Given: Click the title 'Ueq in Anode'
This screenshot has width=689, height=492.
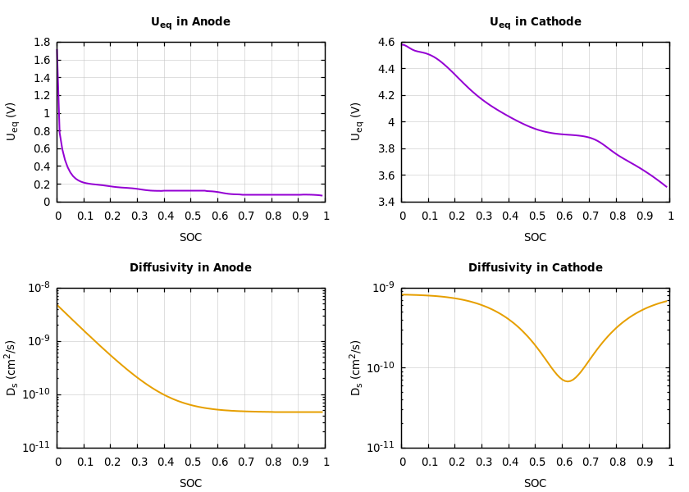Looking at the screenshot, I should (x=190, y=22).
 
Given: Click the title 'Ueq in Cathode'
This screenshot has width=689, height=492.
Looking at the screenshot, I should (x=535, y=22).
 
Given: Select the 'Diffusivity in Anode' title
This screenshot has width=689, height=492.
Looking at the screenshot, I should (x=190, y=268).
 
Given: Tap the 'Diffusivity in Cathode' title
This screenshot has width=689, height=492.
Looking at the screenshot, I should (x=535, y=268).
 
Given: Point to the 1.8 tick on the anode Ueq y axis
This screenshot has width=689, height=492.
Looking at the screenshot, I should (x=41, y=43).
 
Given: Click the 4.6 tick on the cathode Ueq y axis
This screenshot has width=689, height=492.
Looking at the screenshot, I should (x=386, y=43).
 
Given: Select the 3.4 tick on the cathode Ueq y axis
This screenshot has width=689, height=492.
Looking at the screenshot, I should (x=386, y=202).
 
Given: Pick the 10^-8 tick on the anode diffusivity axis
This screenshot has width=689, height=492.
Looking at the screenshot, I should (x=39, y=287).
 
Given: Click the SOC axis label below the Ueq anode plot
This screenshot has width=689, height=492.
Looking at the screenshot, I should (x=190, y=238).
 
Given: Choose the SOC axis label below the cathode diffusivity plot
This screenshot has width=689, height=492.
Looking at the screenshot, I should (x=535, y=484).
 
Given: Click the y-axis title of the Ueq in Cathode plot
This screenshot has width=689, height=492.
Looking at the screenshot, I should (x=357, y=121).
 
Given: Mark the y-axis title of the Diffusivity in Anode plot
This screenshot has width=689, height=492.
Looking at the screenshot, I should (x=12, y=367).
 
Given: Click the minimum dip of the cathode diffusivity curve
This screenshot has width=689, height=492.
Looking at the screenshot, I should (x=567, y=381).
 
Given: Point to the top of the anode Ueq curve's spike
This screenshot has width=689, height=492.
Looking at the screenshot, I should (x=57, y=48).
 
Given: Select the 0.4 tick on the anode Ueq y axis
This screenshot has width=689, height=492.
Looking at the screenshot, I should (x=41, y=166).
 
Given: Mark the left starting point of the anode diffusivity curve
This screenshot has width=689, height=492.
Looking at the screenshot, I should (x=57, y=305).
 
